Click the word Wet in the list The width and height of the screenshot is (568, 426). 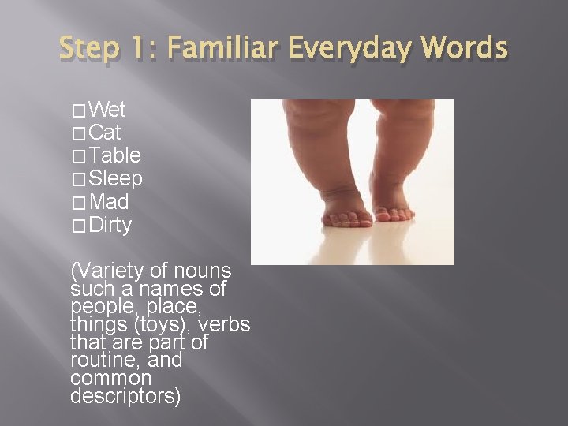point(108,109)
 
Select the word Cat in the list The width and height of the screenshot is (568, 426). point(106,132)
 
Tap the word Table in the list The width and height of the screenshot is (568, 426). point(115,155)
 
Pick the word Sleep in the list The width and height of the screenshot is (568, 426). point(116,178)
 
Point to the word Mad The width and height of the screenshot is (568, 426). point(110,202)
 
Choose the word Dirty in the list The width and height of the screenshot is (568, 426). point(111,225)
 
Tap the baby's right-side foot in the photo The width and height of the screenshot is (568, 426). point(392,207)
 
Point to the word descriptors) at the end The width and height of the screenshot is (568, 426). point(125,396)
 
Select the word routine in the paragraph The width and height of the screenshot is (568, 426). point(97,361)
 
